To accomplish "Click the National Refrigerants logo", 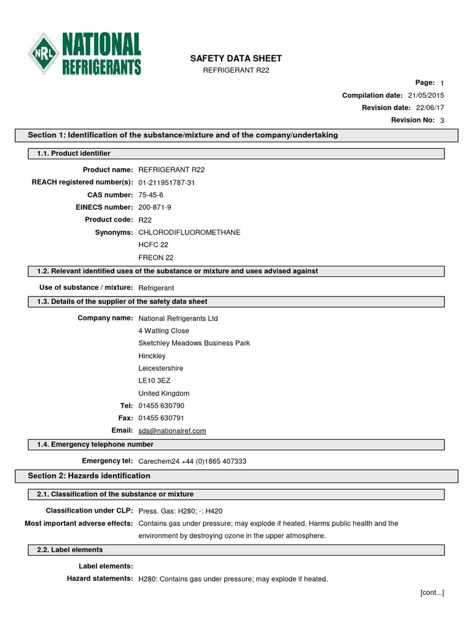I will (x=85, y=54).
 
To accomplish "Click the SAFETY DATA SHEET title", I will (x=236, y=58).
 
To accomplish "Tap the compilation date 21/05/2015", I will (x=425, y=95).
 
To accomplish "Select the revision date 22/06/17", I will (x=428, y=108).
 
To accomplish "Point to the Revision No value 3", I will (x=442, y=121).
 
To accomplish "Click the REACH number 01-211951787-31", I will (x=167, y=183).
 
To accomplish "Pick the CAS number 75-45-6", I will (x=151, y=195).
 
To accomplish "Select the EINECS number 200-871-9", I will (x=155, y=207).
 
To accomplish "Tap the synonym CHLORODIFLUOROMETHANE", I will (x=189, y=233).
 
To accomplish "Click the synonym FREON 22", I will (x=156, y=257).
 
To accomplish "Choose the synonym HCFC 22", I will (x=153, y=245).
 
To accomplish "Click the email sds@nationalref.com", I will (x=172, y=431).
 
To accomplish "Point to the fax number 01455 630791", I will (x=161, y=418).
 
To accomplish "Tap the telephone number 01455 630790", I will (x=161, y=406).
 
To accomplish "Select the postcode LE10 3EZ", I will (x=154, y=381).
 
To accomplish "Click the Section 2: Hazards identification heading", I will (x=89, y=476).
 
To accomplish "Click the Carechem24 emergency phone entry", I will (x=192, y=461).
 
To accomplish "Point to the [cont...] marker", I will (x=432, y=592).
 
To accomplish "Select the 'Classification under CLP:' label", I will (x=89, y=511).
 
